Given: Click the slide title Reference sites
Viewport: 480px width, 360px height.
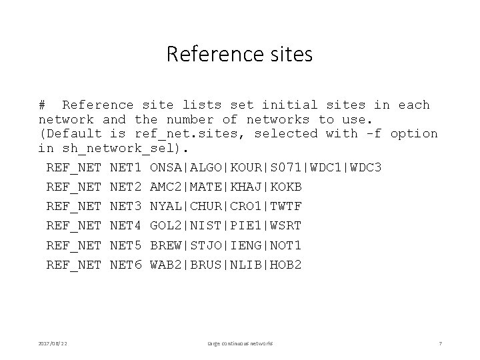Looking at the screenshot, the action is tap(239, 55).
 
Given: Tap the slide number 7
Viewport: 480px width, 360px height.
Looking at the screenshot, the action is tap(440, 343).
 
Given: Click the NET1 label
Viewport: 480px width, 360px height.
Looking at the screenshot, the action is tap(126, 167).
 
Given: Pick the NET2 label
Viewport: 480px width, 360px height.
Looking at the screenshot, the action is tap(126, 186).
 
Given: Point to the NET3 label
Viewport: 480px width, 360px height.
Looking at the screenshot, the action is tap(126, 206).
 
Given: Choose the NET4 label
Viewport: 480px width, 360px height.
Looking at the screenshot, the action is tap(126, 226).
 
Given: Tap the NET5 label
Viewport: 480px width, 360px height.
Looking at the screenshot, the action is tap(126, 245).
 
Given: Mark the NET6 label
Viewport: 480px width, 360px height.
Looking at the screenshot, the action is tap(126, 265).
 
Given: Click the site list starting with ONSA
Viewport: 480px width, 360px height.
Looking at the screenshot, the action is tap(266, 167).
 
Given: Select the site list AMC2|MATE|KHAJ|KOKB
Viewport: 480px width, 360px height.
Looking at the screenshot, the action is tap(226, 186).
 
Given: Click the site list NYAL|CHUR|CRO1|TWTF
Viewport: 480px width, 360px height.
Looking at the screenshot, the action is tap(226, 206).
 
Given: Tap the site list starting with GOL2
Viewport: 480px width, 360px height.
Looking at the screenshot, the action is tap(226, 226).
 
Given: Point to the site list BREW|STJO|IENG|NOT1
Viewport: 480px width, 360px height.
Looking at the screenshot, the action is tap(226, 245).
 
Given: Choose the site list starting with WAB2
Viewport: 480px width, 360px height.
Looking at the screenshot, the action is tap(226, 265).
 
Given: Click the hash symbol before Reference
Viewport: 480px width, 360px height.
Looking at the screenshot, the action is tap(43, 105).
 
